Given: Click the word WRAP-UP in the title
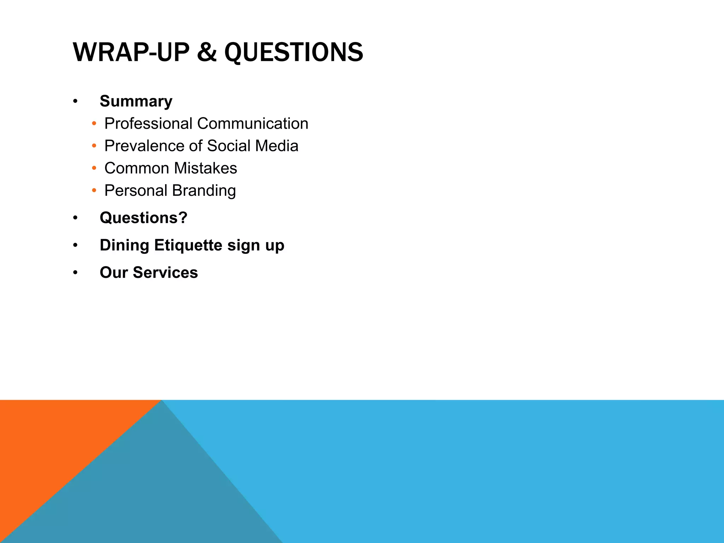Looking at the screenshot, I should click(x=131, y=52).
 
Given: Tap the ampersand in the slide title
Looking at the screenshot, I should click(x=206, y=52).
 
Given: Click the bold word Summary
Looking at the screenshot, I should click(x=136, y=101).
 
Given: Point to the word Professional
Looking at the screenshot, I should click(x=149, y=124).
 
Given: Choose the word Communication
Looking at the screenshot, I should click(x=253, y=124).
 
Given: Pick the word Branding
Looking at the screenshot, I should click(x=204, y=191).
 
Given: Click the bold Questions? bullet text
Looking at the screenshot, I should click(x=144, y=218).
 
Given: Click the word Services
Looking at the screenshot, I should click(x=165, y=273).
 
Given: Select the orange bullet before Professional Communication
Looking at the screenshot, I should click(x=94, y=124).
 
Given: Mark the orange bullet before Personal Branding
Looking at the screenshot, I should click(x=94, y=191).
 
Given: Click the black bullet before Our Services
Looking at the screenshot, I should click(x=75, y=273).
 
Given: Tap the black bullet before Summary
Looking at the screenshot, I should click(x=75, y=101).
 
